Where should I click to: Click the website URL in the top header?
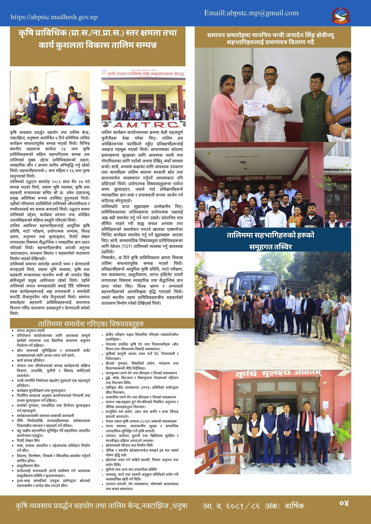coord(54,17)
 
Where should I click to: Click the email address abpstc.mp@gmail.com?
coord(251,13)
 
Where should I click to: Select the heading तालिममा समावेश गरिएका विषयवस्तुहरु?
coord(91,324)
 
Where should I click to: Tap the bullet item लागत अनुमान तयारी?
coord(31,331)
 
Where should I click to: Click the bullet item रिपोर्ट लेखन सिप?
coord(28,441)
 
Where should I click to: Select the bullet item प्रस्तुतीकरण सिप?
coord(28,466)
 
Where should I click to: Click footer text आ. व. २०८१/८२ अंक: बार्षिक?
coord(253,506)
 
